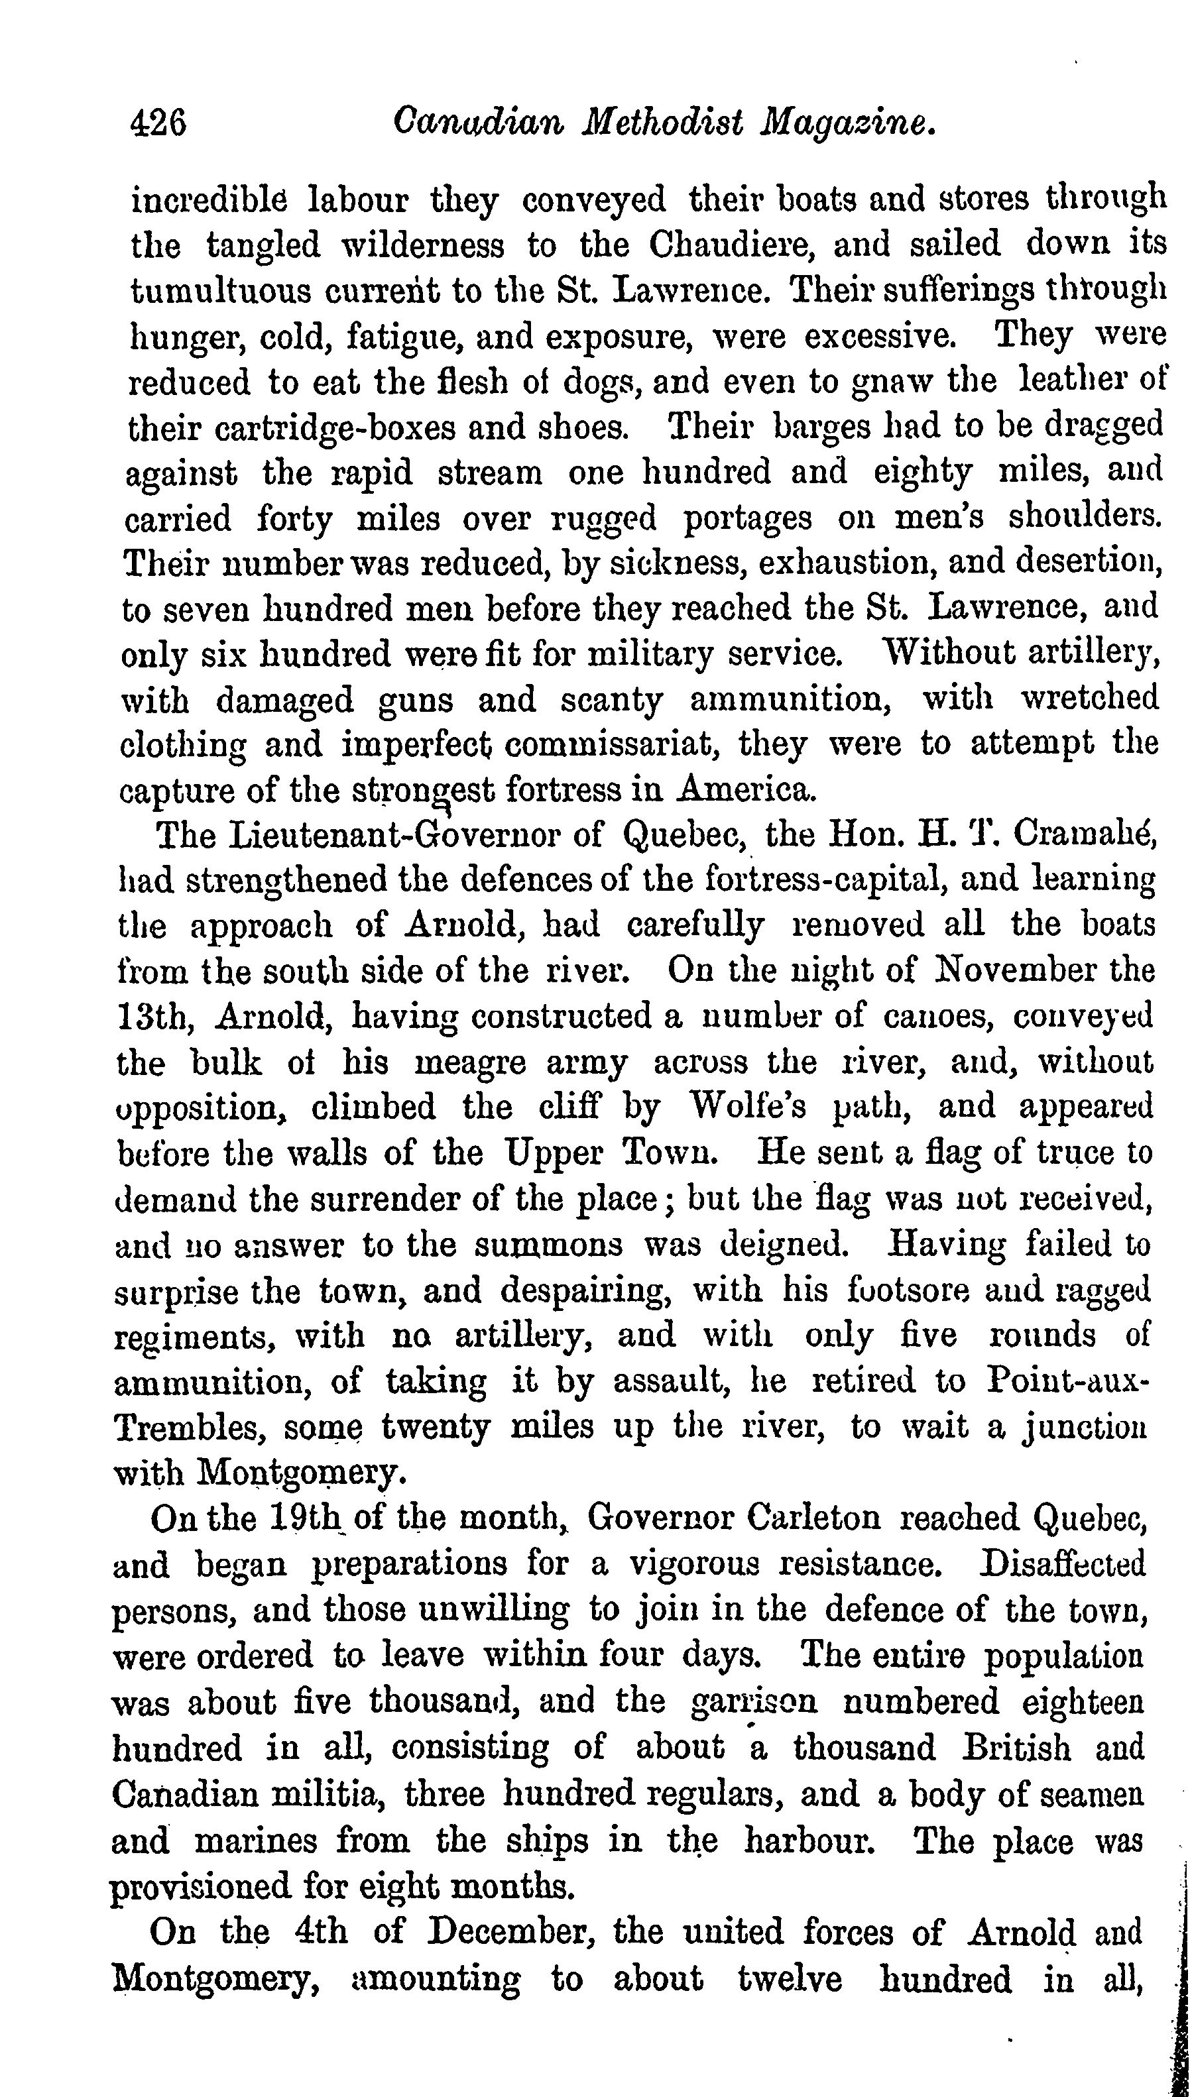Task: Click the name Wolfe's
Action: tap(748, 1107)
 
